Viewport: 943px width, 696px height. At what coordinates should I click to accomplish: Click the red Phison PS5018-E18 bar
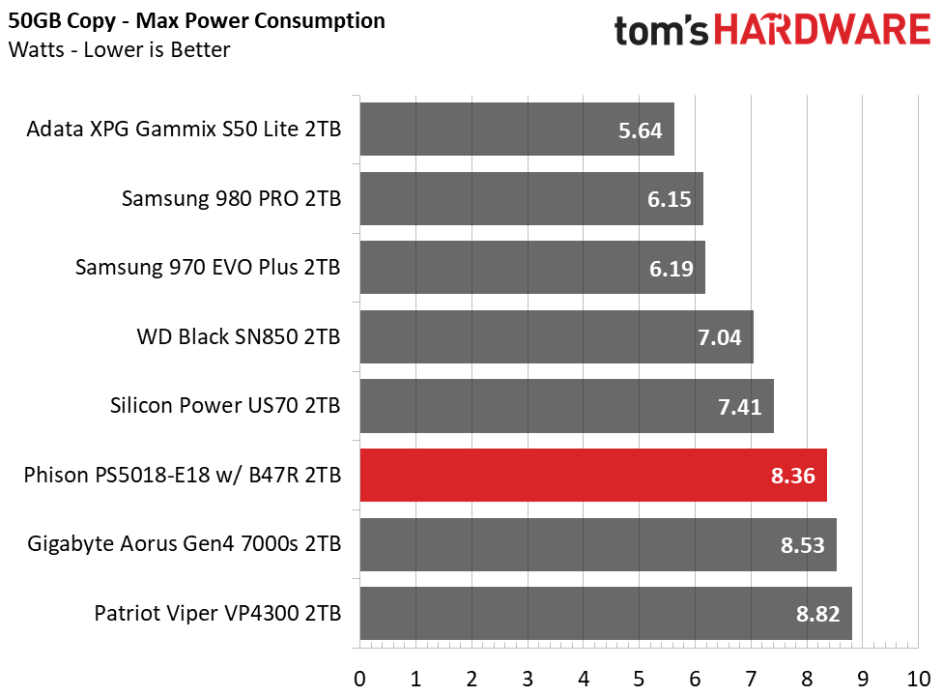click(593, 475)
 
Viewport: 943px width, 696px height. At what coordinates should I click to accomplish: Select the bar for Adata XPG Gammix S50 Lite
click(517, 129)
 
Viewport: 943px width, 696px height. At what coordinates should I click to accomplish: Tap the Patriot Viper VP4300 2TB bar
click(606, 613)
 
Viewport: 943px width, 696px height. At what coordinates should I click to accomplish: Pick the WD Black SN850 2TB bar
click(557, 336)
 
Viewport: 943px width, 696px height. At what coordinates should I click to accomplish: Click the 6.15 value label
click(669, 199)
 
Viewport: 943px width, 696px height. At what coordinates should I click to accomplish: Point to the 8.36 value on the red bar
click(792, 476)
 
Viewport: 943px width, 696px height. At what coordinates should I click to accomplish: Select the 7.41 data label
click(740, 407)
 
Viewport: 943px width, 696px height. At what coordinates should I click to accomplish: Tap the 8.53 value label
click(802, 545)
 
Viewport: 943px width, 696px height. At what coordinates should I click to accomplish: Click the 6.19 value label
click(672, 269)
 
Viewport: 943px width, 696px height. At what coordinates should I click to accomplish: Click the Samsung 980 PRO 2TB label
click(232, 198)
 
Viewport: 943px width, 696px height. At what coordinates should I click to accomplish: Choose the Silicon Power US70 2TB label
click(225, 405)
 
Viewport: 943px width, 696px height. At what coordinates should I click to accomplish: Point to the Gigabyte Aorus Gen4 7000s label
click(184, 544)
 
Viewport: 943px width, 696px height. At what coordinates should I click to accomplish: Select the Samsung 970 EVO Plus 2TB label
click(208, 267)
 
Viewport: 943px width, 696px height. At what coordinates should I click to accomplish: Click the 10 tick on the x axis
click(918, 679)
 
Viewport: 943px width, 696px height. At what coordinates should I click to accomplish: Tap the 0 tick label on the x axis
click(359, 679)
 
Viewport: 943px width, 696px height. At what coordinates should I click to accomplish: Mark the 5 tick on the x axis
click(639, 679)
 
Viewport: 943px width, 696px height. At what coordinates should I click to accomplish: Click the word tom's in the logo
click(662, 31)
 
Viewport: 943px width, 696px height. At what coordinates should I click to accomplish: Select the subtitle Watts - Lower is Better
click(119, 49)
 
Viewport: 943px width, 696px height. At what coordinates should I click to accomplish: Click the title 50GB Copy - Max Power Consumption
click(197, 21)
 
